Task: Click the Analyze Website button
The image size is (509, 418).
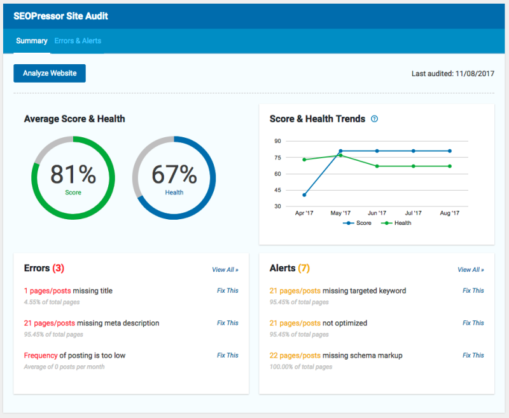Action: pos(50,73)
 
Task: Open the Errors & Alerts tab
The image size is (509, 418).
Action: pos(78,41)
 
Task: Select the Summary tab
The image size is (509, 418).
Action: pos(32,41)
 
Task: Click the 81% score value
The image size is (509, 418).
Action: pos(73,174)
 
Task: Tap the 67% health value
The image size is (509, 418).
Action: pos(174,174)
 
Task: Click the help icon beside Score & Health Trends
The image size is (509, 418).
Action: pos(374,119)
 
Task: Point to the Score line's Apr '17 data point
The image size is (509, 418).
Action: pos(304,195)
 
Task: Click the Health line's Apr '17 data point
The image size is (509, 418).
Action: pos(304,159)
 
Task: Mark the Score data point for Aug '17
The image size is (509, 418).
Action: pos(450,151)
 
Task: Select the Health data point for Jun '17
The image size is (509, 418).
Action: pos(377,166)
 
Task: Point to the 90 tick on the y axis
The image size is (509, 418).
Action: pos(277,141)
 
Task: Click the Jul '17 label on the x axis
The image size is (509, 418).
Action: pos(413,213)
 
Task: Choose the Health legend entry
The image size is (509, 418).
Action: pos(396,223)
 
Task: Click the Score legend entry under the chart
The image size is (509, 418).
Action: pos(357,223)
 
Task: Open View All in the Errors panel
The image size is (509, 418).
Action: pos(225,269)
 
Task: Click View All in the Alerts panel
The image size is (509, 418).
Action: pos(471,269)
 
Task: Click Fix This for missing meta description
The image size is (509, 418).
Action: pos(228,323)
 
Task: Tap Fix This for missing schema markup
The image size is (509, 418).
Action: pos(473,355)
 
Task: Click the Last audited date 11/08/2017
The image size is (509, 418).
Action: pos(475,74)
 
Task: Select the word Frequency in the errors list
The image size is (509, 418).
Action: pos(41,356)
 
